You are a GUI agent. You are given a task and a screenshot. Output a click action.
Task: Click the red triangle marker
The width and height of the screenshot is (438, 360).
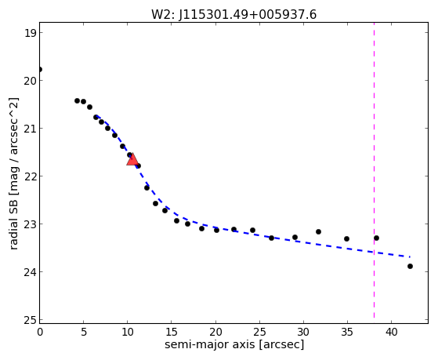coord(132,159)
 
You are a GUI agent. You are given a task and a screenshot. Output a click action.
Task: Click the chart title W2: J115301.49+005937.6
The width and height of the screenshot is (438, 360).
coord(233,14)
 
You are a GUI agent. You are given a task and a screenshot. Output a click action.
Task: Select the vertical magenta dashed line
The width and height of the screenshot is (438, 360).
coord(374,170)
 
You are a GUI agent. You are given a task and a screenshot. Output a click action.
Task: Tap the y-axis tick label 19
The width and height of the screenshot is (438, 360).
coord(30,33)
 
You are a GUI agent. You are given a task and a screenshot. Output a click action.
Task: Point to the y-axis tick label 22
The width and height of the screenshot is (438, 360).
coord(30,176)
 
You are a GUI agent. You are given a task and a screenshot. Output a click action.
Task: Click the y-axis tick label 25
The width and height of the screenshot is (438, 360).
coord(30,320)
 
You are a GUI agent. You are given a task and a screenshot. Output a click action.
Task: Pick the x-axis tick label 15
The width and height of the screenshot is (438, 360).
coord(172,332)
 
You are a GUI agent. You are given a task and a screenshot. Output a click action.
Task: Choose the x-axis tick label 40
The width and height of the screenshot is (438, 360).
coord(391,332)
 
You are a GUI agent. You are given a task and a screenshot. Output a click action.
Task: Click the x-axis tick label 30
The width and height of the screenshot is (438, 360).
coord(303,332)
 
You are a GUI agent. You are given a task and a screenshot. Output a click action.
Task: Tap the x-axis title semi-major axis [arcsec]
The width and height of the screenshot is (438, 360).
coord(234,344)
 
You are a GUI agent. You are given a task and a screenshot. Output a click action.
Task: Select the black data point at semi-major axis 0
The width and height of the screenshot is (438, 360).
coord(40,69)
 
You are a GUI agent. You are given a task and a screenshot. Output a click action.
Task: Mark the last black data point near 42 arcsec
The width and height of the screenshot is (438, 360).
coord(410,267)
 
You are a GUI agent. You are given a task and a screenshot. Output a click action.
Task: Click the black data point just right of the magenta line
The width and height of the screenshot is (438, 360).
coord(376,238)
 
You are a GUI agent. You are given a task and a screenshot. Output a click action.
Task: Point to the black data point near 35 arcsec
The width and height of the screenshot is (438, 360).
coord(346,239)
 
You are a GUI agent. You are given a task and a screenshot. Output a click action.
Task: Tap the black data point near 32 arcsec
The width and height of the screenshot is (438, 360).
coord(318,232)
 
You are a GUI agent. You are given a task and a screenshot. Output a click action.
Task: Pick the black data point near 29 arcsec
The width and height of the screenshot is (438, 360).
coord(295,238)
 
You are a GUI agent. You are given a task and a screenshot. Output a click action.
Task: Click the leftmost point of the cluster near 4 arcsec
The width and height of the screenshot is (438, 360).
coord(77,100)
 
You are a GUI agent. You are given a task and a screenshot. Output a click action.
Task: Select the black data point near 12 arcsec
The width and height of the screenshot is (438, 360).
coord(147,187)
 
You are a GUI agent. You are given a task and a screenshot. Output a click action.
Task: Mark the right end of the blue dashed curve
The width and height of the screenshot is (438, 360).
coord(410,256)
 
